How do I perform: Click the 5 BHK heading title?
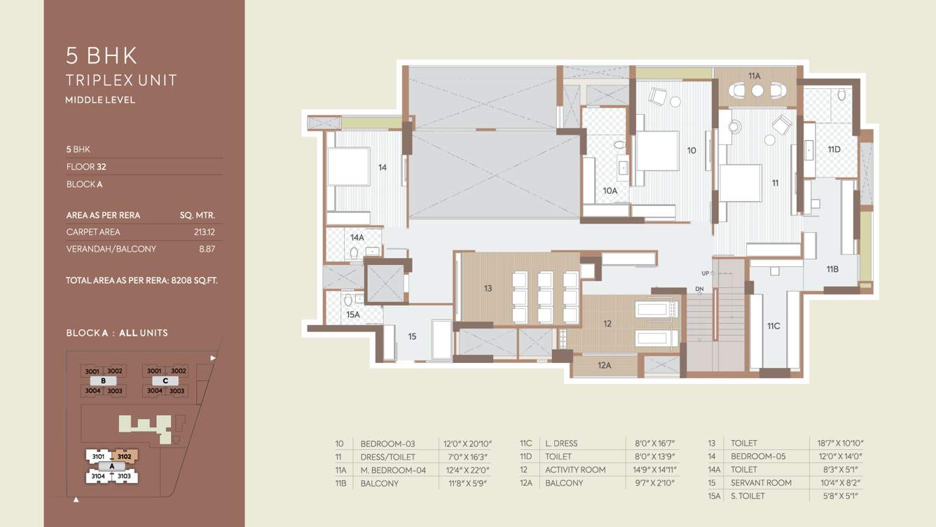pyautogui.click(x=102, y=55)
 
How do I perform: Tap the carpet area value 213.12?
pyautogui.click(x=204, y=232)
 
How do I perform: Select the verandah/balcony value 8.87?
pyautogui.click(x=207, y=249)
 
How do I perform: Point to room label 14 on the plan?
pyautogui.click(x=382, y=167)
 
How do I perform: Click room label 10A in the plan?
pyautogui.click(x=610, y=191)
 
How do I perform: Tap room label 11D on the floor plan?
pyautogui.click(x=833, y=149)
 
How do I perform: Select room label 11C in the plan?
pyautogui.click(x=773, y=326)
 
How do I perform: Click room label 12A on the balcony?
pyautogui.click(x=604, y=365)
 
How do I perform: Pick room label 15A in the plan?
pyautogui.click(x=352, y=315)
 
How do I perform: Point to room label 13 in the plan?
pyautogui.click(x=488, y=288)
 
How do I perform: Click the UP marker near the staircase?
pyautogui.click(x=706, y=273)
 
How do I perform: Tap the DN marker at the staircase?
pyautogui.click(x=699, y=289)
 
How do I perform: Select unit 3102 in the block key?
pyautogui.click(x=124, y=457)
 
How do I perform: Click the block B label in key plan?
pyautogui.click(x=103, y=381)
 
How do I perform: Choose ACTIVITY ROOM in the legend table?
pyautogui.click(x=575, y=470)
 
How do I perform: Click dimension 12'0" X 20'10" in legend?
pyautogui.click(x=467, y=444)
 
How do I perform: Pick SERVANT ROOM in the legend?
pyautogui.click(x=761, y=483)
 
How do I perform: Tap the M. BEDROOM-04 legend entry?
pyautogui.click(x=393, y=470)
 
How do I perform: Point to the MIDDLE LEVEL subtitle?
pyautogui.click(x=100, y=100)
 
